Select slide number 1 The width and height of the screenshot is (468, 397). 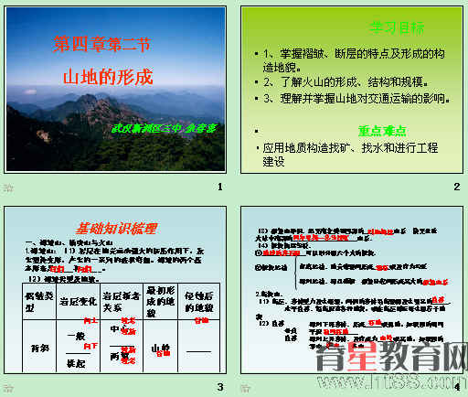218,188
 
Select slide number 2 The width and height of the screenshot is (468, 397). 455,188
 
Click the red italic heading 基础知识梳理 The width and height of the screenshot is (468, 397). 115,229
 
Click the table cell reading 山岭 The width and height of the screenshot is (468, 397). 161,348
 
